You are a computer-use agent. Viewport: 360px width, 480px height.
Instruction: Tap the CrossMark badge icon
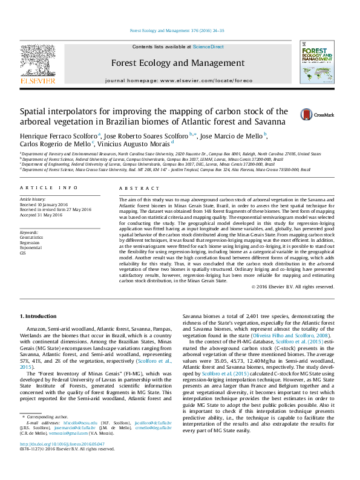click(310, 114)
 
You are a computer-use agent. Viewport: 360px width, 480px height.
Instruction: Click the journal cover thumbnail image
click(321, 63)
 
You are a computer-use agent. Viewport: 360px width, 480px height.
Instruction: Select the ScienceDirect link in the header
click(208, 47)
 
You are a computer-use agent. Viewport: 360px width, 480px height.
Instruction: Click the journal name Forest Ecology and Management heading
click(178, 63)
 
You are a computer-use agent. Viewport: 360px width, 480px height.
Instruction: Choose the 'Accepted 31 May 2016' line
click(44, 215)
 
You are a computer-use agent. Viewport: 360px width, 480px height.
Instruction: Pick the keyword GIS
click(23, 253)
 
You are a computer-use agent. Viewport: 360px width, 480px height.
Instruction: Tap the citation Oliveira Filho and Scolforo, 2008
click(296, 334)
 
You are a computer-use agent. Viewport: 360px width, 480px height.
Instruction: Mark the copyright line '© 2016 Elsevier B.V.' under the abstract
click(296, 286)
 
